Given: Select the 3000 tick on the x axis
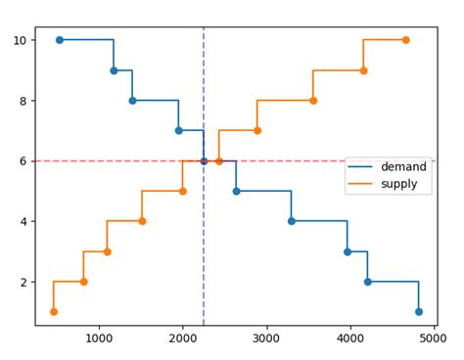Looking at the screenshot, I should click(267, 326).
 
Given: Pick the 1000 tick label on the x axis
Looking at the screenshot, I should click(98, 338).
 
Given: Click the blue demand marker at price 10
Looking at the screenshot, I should click(60, 40).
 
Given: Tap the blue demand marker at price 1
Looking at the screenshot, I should click(419, 312).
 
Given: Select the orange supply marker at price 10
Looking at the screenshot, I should click(405, 40).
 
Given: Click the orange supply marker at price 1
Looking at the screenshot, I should click(54, 312).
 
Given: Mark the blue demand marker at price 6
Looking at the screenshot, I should click(204, 161).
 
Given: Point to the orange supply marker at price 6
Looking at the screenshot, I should click(219, 161).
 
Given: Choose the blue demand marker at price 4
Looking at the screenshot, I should click(292, 221).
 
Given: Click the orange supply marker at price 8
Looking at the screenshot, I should click(313, 101).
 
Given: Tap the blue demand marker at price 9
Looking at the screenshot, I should click(114, 70).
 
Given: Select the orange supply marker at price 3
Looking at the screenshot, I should click(107, 251).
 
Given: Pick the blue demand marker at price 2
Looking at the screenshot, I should click(368, 282).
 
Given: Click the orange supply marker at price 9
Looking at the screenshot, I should click(363, 70).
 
